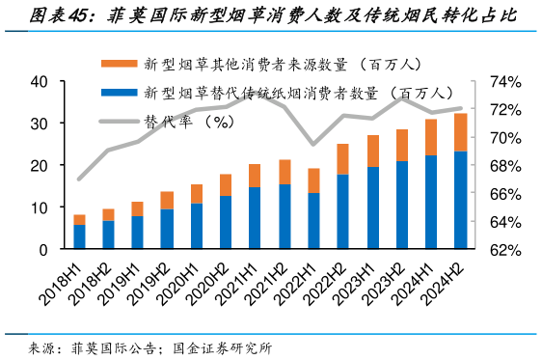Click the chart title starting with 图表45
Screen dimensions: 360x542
click(x=271, y=16)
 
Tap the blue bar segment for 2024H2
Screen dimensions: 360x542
click(x=461, y=201)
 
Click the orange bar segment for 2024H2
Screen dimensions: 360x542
click(x=461, y=132)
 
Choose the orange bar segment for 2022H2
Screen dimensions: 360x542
click(x=342, y=159)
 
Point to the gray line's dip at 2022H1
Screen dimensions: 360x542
click(x=312, y=145)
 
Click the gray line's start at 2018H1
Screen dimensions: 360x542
click(x=79, y=180)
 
